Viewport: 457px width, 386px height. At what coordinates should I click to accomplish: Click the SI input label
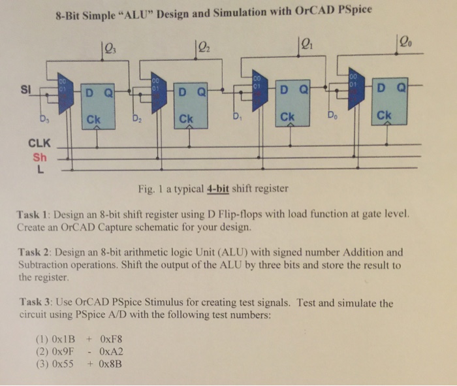[x=25, y=89]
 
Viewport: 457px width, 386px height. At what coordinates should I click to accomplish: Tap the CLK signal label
[x=39, y=143]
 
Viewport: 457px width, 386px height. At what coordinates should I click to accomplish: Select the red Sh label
[x=40, y=157]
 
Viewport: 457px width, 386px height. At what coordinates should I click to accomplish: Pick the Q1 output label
[x=307, y=44]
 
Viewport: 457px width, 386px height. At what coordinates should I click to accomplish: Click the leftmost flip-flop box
[x=98, y=106]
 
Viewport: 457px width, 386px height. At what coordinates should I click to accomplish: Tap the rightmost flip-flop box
[x=390, y=101]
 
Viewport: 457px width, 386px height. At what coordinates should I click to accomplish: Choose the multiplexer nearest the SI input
[x=65, y=93]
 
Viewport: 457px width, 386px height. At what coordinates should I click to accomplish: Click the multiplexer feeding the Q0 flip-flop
[x=356, y=89]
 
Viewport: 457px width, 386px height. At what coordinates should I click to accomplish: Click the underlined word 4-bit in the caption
[x=217, y=189]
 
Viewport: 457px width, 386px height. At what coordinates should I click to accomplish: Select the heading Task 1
[x=32, y=215]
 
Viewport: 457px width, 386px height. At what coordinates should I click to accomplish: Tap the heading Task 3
[x=35, y=302]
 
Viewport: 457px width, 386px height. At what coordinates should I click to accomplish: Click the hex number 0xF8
[x=111, y=339]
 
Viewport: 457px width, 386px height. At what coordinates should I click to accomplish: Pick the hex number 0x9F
[x=63, y=351]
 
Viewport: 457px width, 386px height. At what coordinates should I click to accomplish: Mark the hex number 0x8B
[x=110, y=364]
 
